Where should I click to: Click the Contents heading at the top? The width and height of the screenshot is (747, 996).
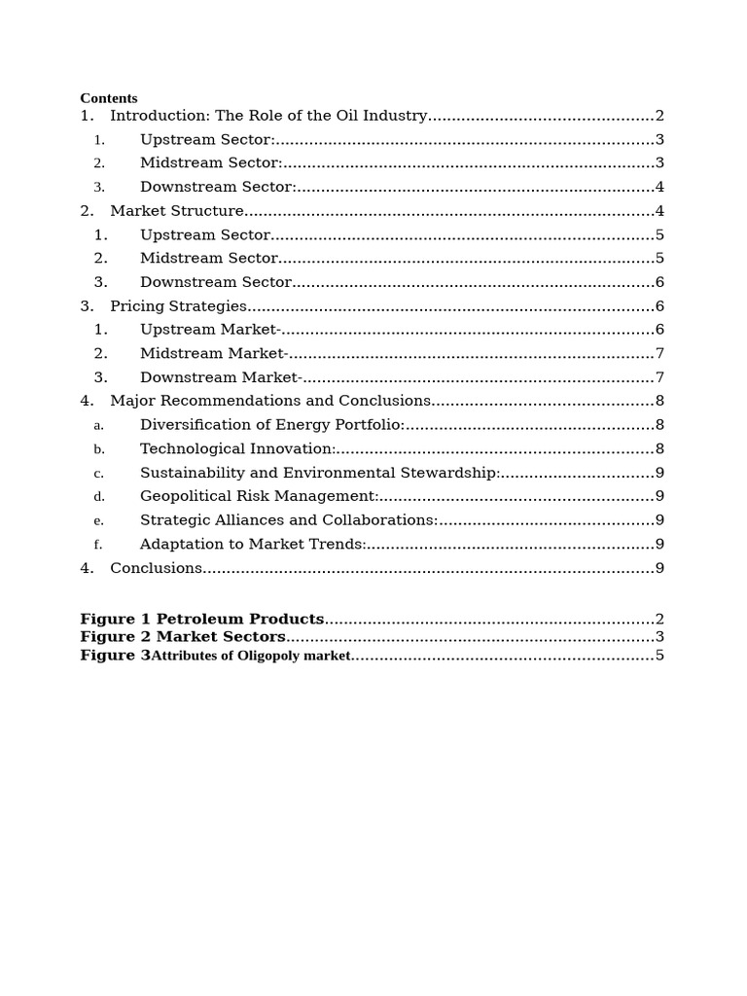click(x=108, y=98)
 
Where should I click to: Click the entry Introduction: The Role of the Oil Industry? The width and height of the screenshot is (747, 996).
click(x=268, y=116)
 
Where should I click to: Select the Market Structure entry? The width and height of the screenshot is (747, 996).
click(x=177, y=211)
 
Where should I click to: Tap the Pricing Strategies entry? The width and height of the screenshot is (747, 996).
click(x=178, y=306)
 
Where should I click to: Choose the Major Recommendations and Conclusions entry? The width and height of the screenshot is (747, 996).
click(x=270, y=401)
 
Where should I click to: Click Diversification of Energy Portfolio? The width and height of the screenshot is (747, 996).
click(x=272, y=425)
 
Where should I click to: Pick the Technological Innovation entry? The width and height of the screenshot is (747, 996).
click(x=237, y=448)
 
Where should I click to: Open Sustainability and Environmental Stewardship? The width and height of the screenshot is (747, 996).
click(x=321, y=473)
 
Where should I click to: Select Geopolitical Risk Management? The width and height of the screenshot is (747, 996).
click(x=259, y=496)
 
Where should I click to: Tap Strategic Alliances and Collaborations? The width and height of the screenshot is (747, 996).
click(x=289, y=520)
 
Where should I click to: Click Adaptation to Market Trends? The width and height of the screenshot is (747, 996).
click(x=253, y=545)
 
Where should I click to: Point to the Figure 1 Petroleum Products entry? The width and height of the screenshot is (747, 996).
click(x=201, y=620)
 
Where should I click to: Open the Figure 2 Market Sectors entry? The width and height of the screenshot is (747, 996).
click(x=183, y=637)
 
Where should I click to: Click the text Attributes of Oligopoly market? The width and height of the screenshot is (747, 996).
click(x=251, y=656)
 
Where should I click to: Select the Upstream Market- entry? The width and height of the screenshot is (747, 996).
click(x=210, y=330)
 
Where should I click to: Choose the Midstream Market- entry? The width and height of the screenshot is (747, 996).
click(x=214, y=354)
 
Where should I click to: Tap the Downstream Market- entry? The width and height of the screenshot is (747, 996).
click(x=222, y=377)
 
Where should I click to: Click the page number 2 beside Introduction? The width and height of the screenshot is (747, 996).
click(x=659, y=116)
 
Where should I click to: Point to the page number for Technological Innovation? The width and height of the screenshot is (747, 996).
click(x=659, y=448)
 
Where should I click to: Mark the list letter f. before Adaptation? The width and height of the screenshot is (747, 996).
click(x=98, y=545)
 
